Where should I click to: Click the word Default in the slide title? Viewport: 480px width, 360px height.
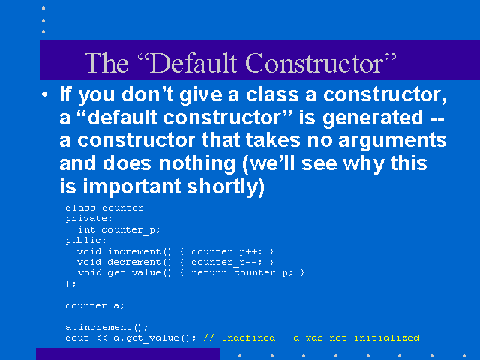pos(193,63)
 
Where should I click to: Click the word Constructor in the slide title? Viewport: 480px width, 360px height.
pos(314,63)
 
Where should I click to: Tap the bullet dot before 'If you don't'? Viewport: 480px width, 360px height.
pos(45,94)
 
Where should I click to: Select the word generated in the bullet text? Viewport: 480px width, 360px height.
pos(373,118)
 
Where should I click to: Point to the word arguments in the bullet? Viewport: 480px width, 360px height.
pos(392,142)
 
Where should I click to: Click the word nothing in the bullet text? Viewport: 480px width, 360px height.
pos(197,163)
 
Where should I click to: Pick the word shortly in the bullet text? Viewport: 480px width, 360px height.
pos(226,187)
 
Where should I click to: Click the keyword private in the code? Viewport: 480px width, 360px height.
pos(88,219)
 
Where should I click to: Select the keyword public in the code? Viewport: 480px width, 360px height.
pos(85,241)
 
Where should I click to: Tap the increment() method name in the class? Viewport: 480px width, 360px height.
pos(139,252)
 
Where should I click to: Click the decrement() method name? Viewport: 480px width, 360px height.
pos(139,262)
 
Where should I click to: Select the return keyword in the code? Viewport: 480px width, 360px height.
pos(209,273)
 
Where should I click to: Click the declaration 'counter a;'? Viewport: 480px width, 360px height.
pos(94,305)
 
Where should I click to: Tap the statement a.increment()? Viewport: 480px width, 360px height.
pos(106,327)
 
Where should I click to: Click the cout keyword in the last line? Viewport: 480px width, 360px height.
pos(76,338)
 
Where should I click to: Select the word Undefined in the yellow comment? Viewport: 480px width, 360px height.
pos(248,337)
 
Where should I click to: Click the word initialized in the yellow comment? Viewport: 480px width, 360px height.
pos(387,337)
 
